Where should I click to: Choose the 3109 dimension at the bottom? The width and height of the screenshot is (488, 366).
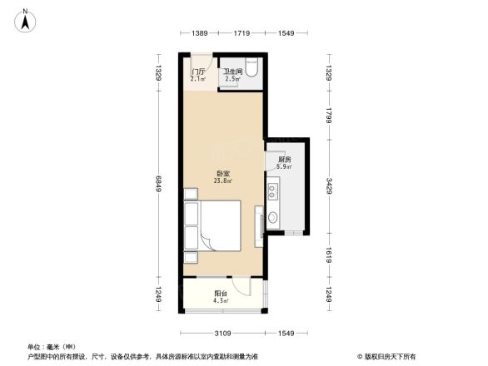[221, 334]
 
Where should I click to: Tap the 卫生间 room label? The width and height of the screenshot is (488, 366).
[232, 72]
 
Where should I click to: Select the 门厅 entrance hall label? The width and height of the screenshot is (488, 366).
[197, 72]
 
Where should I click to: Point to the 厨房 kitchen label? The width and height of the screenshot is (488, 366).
[284, 159]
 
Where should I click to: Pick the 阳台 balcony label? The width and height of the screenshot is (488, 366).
[221, 293]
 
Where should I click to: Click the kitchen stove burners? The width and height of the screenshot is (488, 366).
[272, 193]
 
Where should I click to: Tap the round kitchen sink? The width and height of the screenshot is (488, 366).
[272, 221]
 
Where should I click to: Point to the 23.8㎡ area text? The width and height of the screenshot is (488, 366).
[222, 181]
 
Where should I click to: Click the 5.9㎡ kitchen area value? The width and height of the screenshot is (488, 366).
[284, 166]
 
